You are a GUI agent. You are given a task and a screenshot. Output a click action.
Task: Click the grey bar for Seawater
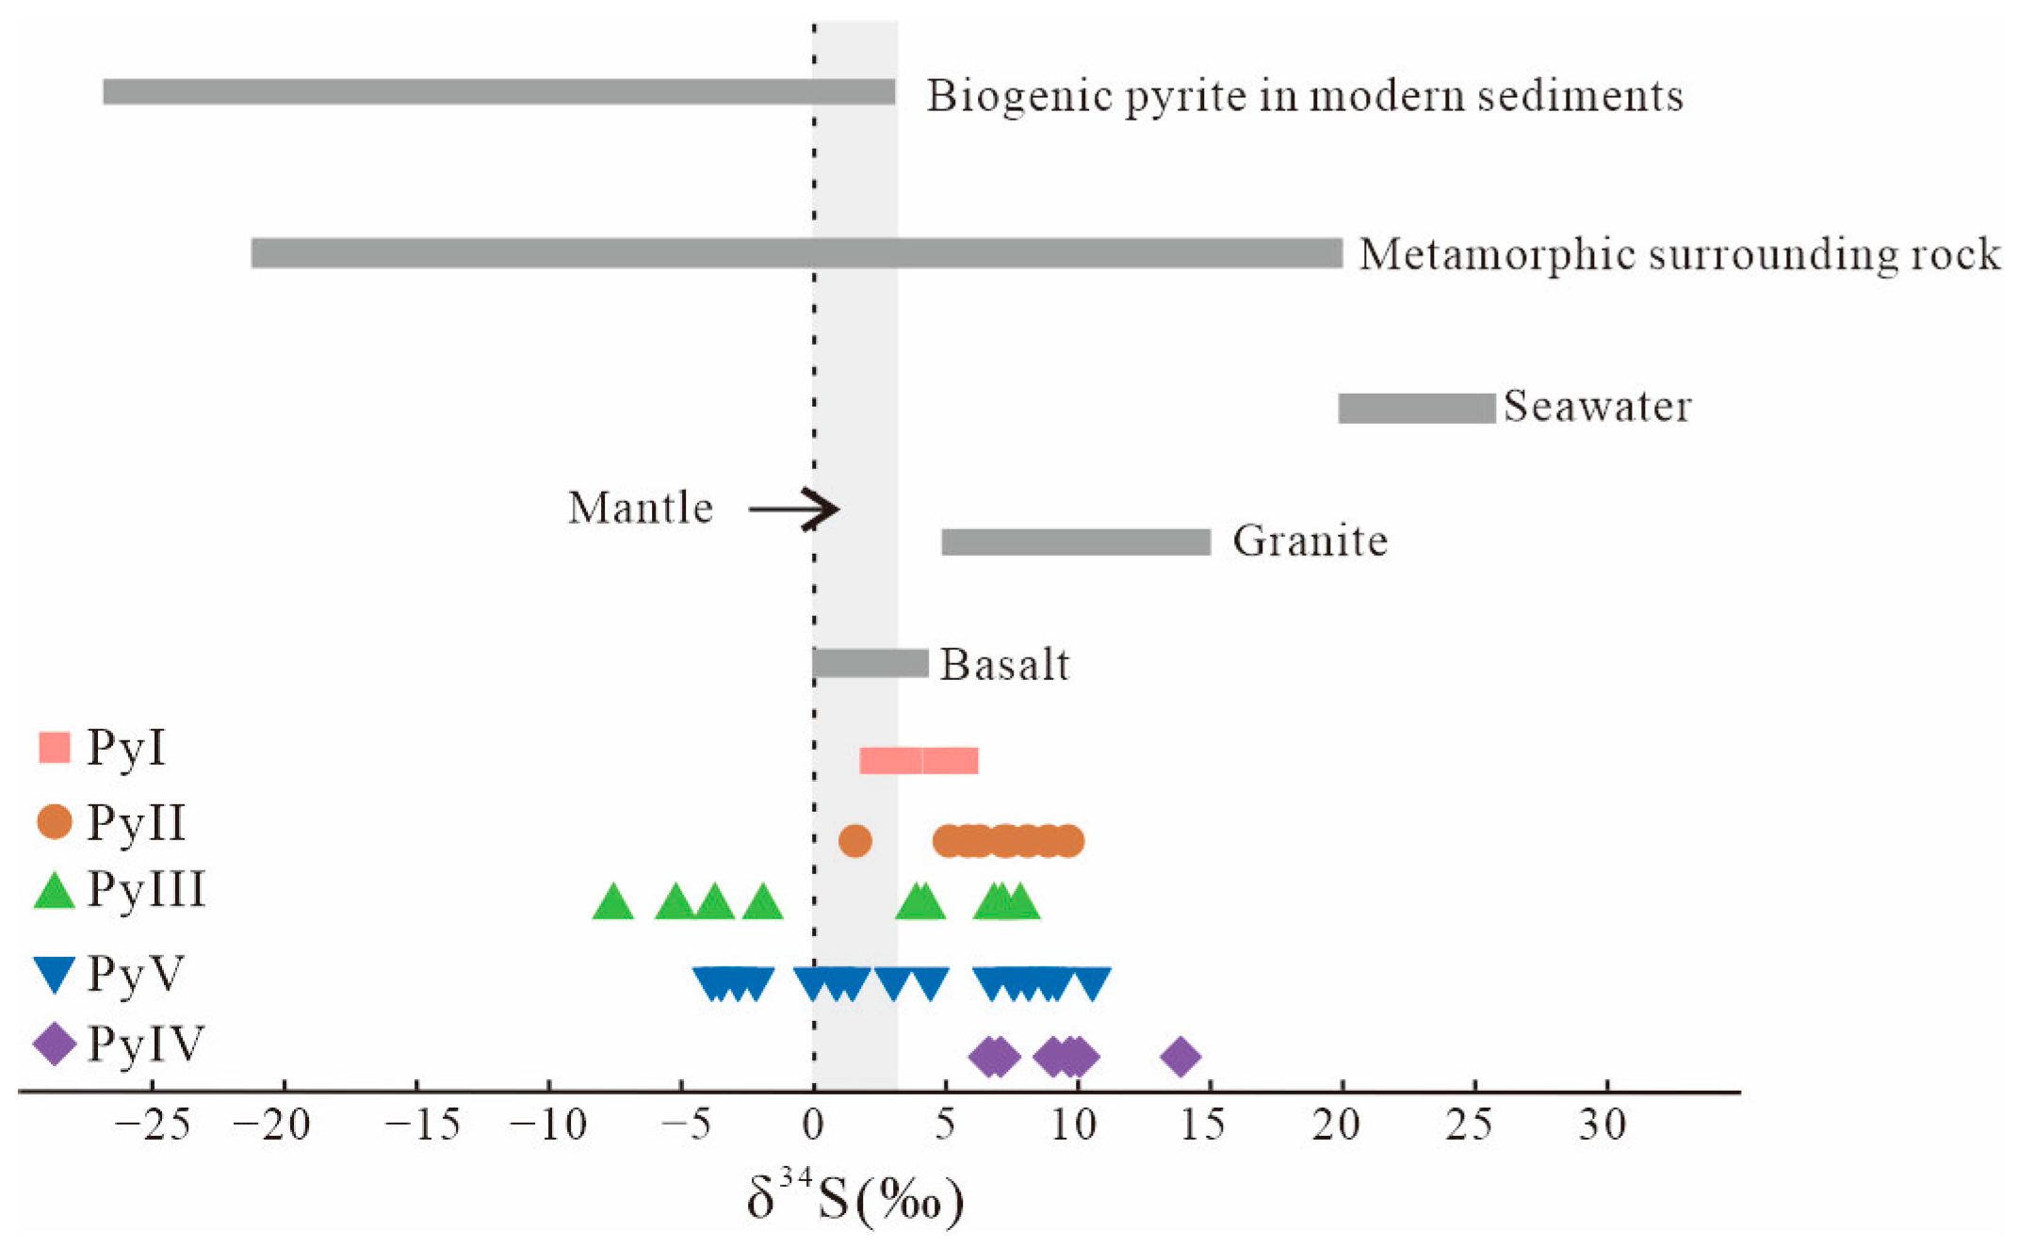point(1416,409)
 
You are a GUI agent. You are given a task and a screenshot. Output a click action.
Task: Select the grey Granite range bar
point(1076,543)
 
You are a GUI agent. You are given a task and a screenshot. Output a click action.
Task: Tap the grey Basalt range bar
point(871,663)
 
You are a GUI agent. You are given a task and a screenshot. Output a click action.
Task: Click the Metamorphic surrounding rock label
point(1679,254)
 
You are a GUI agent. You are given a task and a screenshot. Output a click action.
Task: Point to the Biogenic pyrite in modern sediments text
point(1305,96)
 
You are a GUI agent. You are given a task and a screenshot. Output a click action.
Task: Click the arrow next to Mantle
point(793,510)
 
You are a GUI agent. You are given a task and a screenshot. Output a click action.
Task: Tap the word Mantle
point(641,509)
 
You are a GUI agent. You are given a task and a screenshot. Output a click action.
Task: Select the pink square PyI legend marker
point(55,748)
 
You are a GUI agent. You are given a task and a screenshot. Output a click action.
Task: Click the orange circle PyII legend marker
point(55,821)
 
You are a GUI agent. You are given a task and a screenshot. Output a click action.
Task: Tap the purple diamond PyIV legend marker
point(55,1045)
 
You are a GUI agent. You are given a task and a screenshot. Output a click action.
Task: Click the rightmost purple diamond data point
point(1180,1058)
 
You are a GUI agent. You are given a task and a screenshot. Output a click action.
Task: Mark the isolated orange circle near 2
point(854,840)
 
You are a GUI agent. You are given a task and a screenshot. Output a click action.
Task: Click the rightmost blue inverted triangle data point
point(1092,983)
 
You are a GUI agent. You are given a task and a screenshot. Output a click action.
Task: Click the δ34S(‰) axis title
point(855,1201)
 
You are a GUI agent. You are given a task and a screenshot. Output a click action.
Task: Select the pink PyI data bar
point(919,760)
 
